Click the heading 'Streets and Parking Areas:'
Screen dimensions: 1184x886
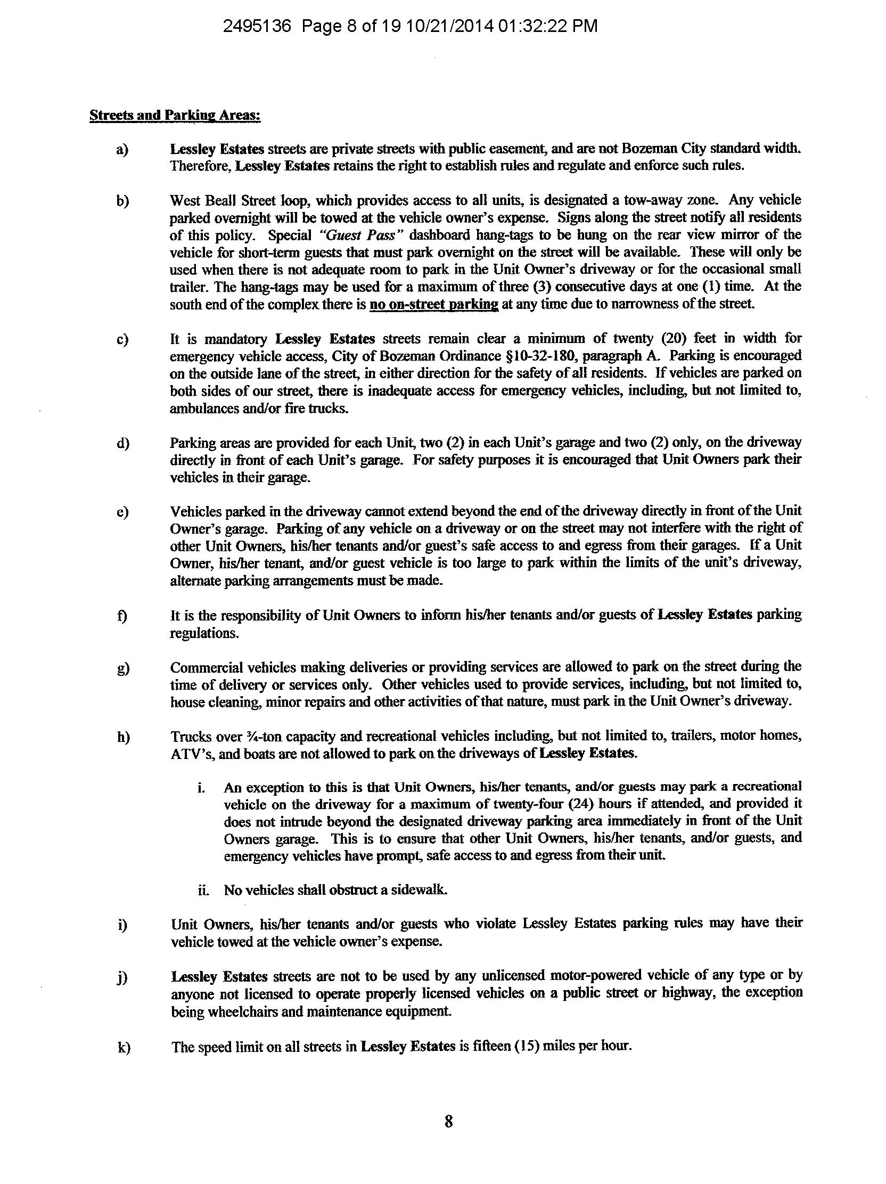tap(175, 116)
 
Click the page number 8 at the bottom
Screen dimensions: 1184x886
tap(448, 1121)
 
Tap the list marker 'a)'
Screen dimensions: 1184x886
tap(122, 149)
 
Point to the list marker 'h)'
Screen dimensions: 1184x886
tap(124, 737)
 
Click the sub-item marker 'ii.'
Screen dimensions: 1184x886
tap(203, 890)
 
